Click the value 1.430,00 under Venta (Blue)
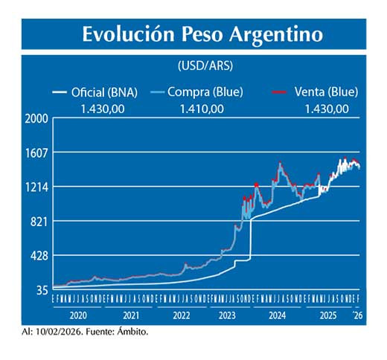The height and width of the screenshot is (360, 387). pos(327,109)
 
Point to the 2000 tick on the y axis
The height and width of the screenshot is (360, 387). pos(36,119)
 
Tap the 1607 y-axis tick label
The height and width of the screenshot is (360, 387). pos(36,152)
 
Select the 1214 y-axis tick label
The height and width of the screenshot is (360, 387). pos(36,187)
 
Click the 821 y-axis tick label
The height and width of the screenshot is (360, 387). pos(39,221)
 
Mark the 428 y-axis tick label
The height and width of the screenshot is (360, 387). pos(39,255)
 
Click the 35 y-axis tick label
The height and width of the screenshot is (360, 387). pos(41,289)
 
